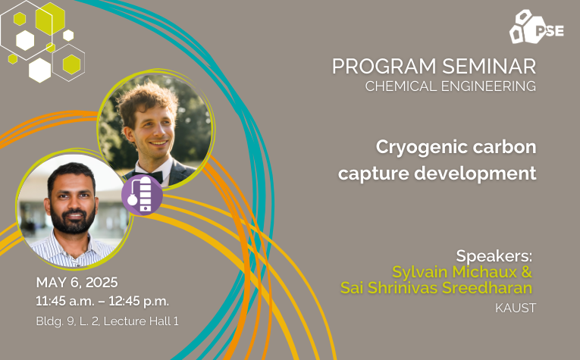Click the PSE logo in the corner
pyautogui.click(x=536, y=27)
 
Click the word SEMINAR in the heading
pyautogui.click(x=488, y=67)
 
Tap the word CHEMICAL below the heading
pyautogui.click(x=401, y=86)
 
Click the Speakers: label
pyautogui.click(x=494, y=255)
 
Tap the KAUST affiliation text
pyautogui.click(x=516, y=308)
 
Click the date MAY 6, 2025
pyautogui.click(x=77, y=283)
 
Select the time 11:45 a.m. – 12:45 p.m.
pyautogui.click(x=102, y=301)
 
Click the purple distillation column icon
pyautogui.click(x=142, y=195)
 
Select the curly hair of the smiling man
pyautogui.click(x=147, y=102)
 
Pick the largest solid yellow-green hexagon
pyautogui.click(x=50, y=18)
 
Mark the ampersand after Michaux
pyautogui.click(x=527, y=272)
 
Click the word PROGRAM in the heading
pyautogui.click(x=384, y=67)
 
